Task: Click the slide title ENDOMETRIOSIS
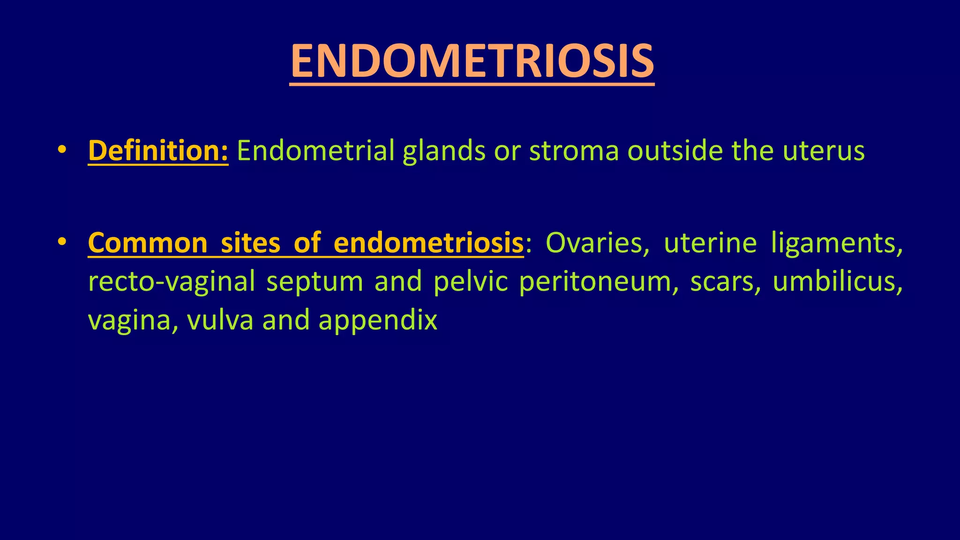472,61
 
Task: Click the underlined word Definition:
158,151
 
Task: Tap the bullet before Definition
61,150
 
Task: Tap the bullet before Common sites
61,242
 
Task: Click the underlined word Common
147,243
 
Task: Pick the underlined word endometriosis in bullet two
428,243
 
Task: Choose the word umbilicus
837,282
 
